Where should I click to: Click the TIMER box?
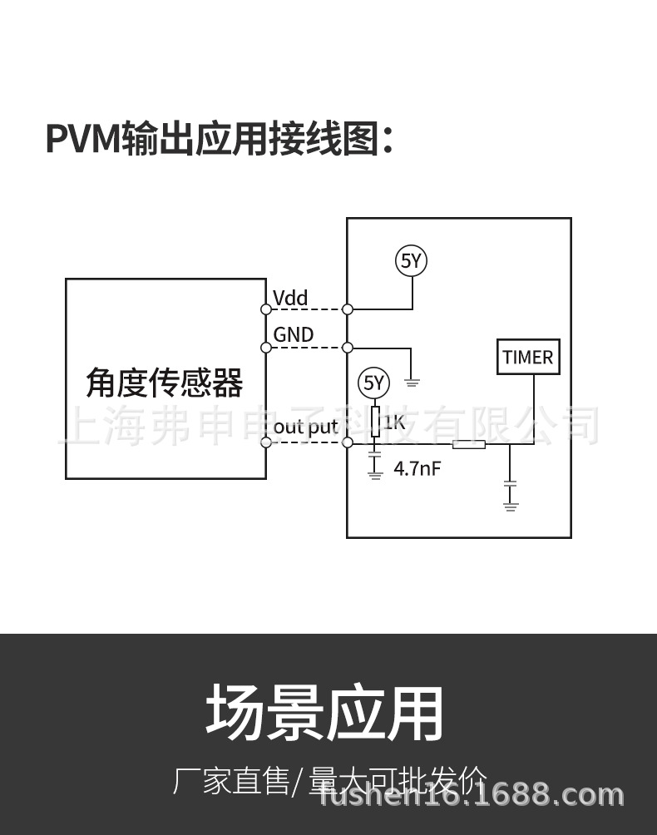tap(528, 358)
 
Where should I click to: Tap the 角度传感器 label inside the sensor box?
tap(165, 384)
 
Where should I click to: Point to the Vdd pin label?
tap(290, 298)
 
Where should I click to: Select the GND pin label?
tap(294, 334)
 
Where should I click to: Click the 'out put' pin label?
tap(305, 427)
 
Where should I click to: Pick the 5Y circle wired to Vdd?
tap(411, 261)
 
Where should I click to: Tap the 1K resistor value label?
tap(393, 423)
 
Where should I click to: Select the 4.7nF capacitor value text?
tap(417, 468)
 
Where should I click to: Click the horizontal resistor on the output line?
tap(468, 443)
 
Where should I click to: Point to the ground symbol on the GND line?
tap(412, 382)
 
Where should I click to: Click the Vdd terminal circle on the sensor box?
tap(266, 309)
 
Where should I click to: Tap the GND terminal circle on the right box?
tap(348, 347)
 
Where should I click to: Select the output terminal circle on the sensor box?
tap(266, 442)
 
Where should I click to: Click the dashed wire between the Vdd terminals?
tap(307, 309)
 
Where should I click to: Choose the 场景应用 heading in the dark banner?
tap(325, 713)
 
